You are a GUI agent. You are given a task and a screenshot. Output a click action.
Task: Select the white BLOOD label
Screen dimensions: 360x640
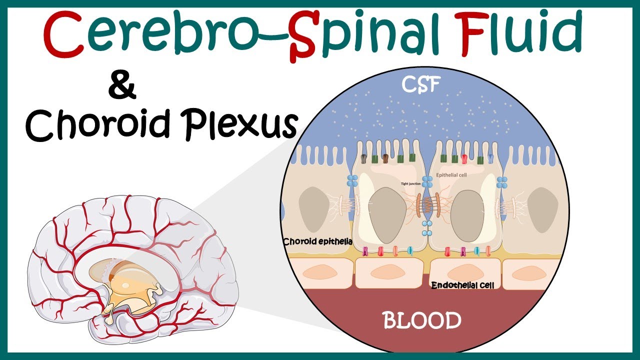coord(422,320)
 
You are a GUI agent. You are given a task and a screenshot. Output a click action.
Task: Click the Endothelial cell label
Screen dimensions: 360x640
coord(462,285)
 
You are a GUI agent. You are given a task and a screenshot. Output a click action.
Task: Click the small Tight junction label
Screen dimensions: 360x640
coord(411,183)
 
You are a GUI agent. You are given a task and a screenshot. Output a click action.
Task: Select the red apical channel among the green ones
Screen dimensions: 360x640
coord(464,159)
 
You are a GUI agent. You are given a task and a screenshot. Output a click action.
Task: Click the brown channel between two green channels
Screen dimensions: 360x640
coord(385,158)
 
